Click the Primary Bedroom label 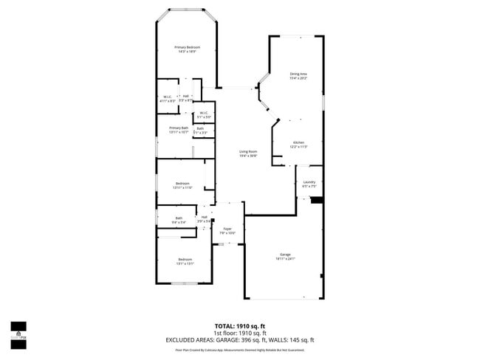point(188,47)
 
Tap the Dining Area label point(298,74)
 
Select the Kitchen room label point(298,142)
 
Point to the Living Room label point(247,152)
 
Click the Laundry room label point(309,182)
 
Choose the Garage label point(285,255)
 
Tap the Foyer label point(227,229)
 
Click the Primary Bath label point(179,128)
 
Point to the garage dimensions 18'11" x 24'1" point(285,259)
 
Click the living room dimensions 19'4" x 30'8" point(247,156)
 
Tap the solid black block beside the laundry point(317,199)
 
